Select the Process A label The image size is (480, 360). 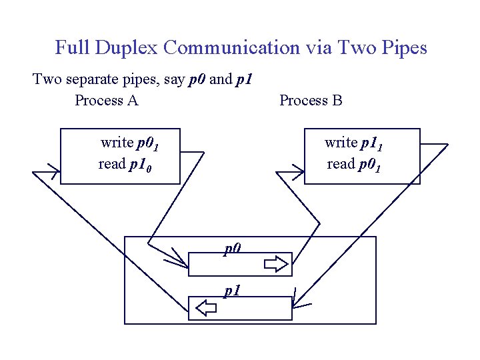[x=107, y=101]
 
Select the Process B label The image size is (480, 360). [x=311, y=101]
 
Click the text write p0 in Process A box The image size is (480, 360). [x=129, y=143]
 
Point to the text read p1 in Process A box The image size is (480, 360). [x=125, y=165]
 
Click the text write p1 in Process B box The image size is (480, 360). [x=353, y=143]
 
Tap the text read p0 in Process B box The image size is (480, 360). [x=353, y=165]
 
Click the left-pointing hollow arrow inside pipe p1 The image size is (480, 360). [x=207, y=308]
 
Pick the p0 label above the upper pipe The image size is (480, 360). [x=231, y=249]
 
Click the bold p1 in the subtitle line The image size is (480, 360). [x=243, y=79]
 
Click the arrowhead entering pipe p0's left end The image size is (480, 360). [x=181, y=260]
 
